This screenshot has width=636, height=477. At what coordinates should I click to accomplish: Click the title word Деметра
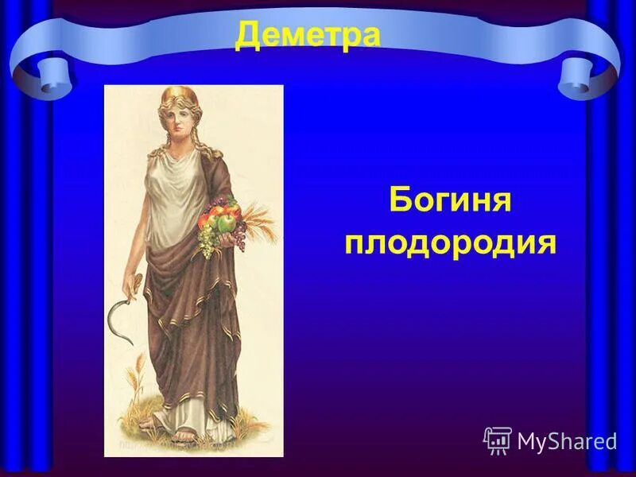point(308,37)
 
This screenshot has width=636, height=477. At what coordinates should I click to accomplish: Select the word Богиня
point(449,201)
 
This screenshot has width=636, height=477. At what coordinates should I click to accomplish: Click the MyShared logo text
point(567,441)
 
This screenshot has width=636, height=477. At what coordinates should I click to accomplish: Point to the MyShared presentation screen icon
point(497,440)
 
